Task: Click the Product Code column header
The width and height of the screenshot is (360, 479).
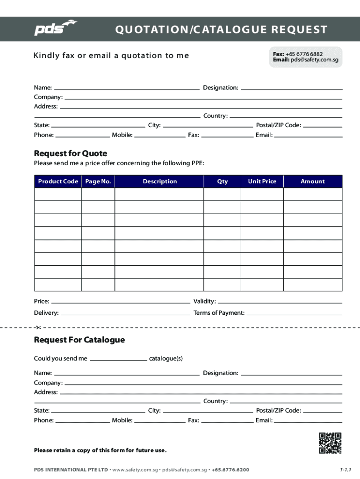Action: [58, 181]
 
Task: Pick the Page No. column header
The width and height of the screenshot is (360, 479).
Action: [98, 181]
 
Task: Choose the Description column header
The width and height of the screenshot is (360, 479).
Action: [160, 181]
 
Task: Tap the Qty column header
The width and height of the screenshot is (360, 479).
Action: [223, 181]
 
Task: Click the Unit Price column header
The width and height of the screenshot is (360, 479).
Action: [262, 181]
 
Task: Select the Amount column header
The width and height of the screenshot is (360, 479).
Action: [313, 181]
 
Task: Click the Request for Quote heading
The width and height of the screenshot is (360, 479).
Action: [71, 153]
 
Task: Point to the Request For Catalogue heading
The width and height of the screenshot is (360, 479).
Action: [79, 340]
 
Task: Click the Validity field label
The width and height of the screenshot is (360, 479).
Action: [204, 301]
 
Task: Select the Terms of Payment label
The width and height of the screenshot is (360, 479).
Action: [219, 313]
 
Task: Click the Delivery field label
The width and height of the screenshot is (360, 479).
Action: [46, 313]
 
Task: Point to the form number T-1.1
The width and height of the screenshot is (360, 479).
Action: [346, 469]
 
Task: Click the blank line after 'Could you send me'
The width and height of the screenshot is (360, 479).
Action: [118, 359]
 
